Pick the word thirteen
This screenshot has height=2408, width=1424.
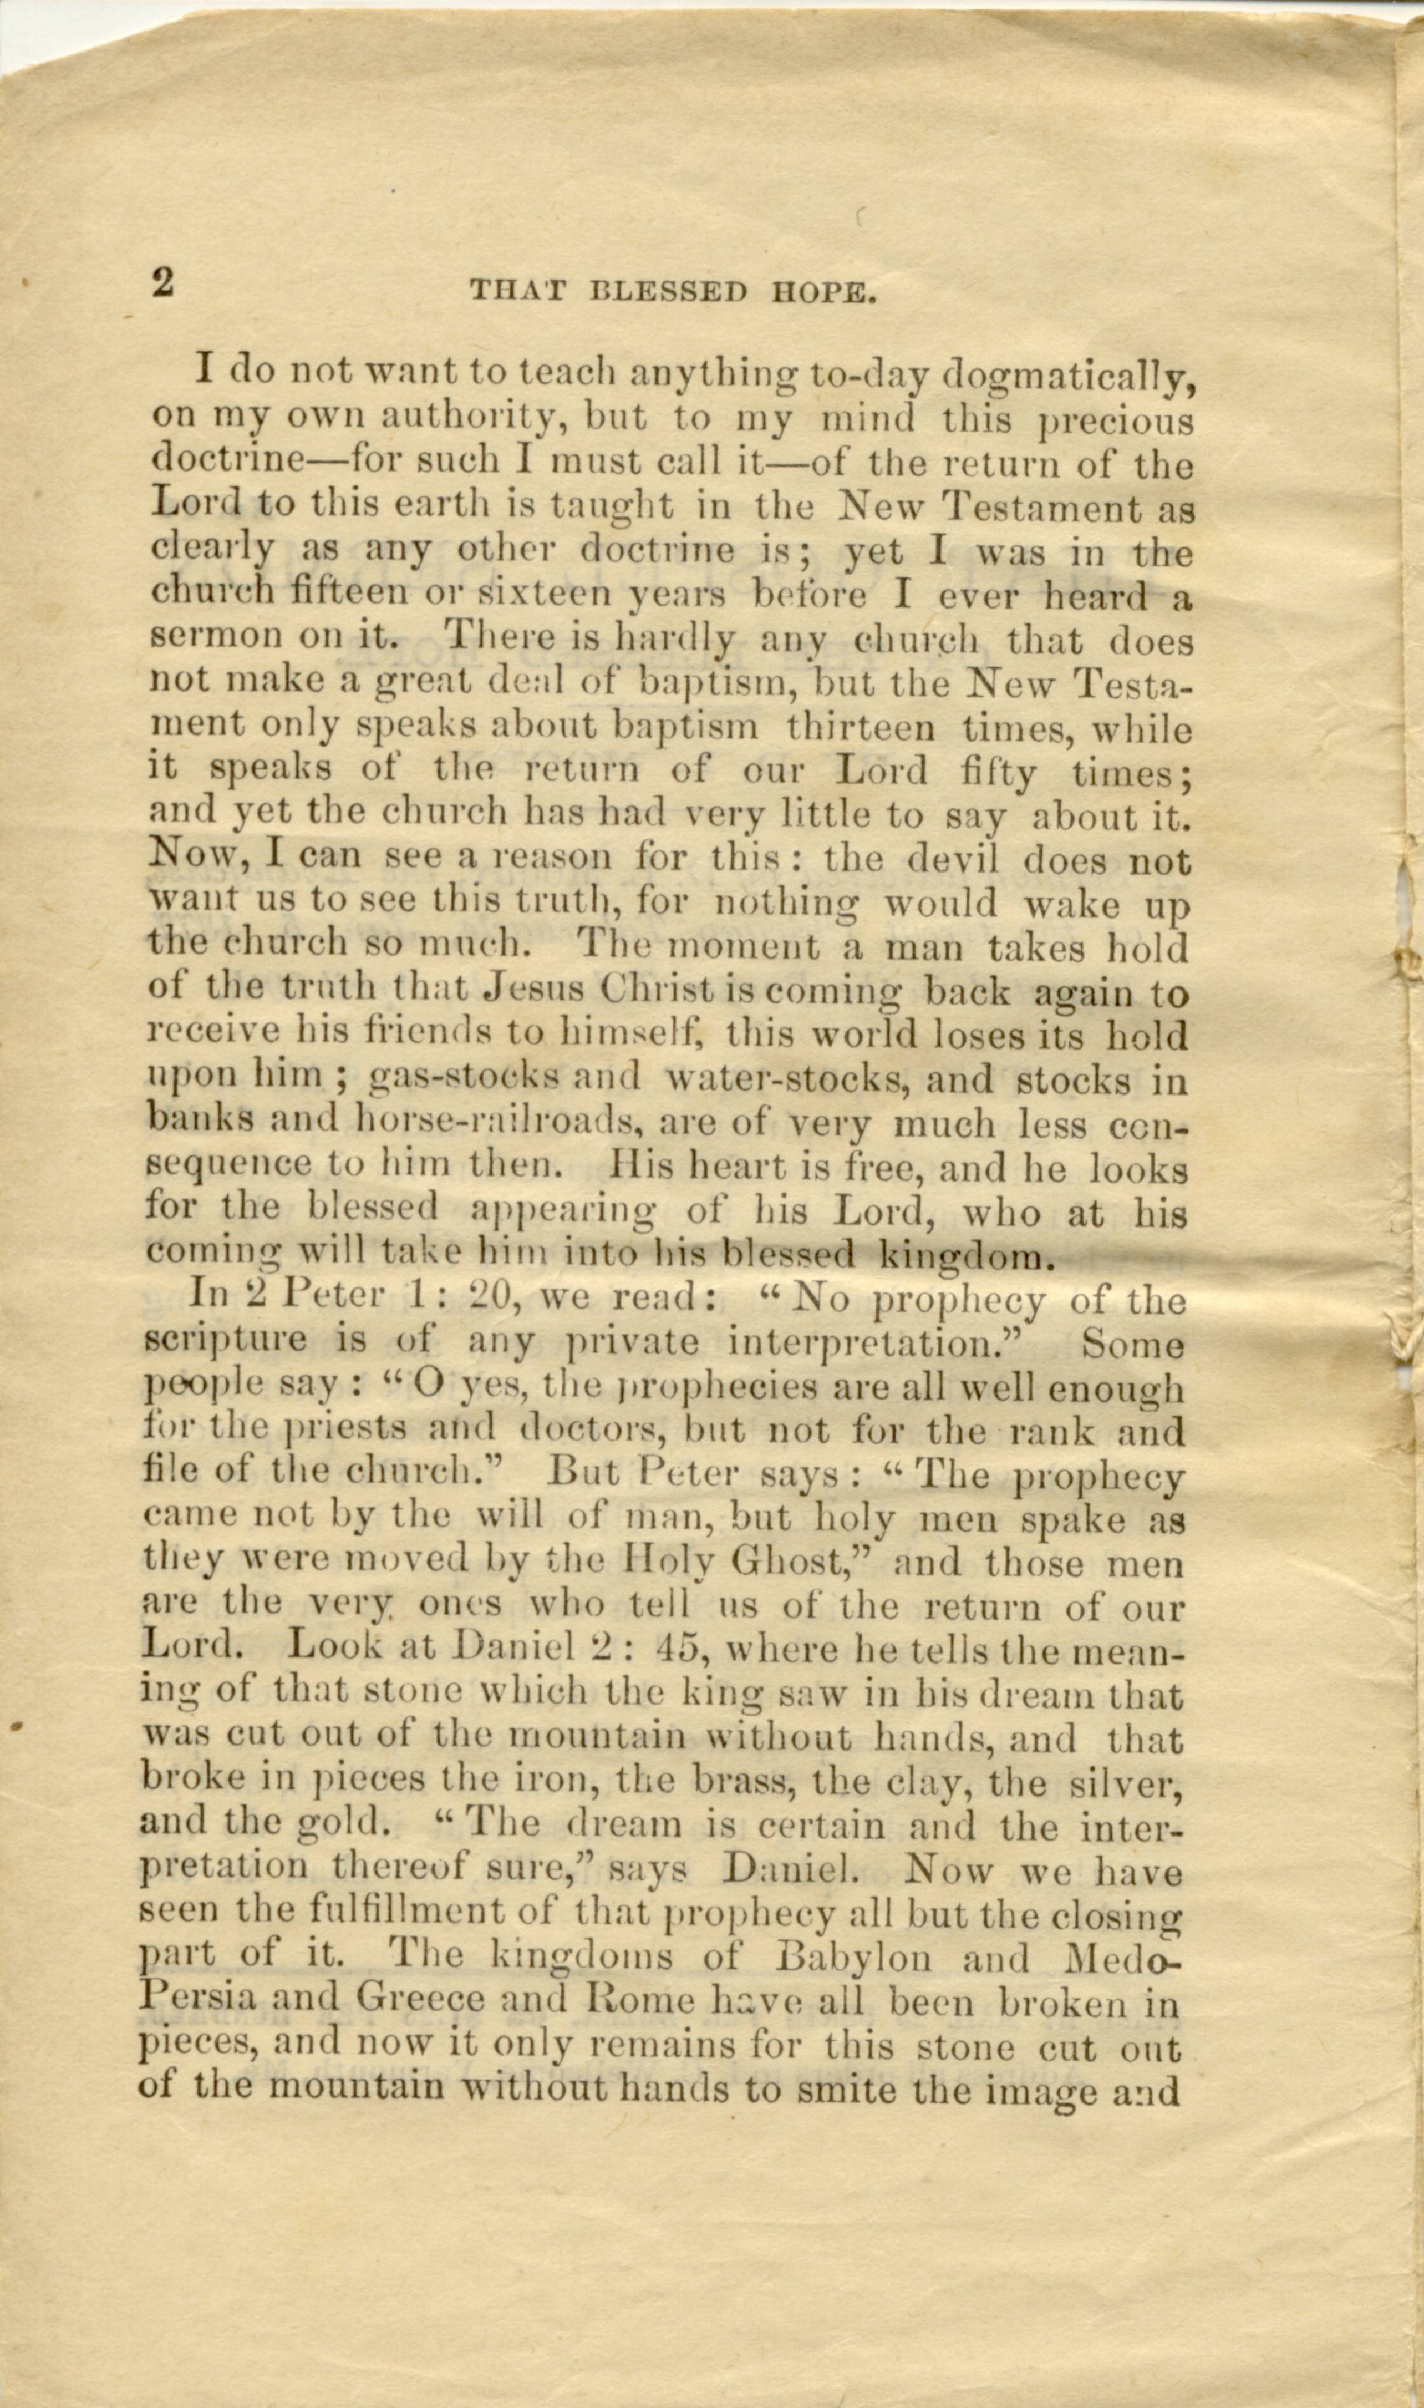(859, 727)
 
